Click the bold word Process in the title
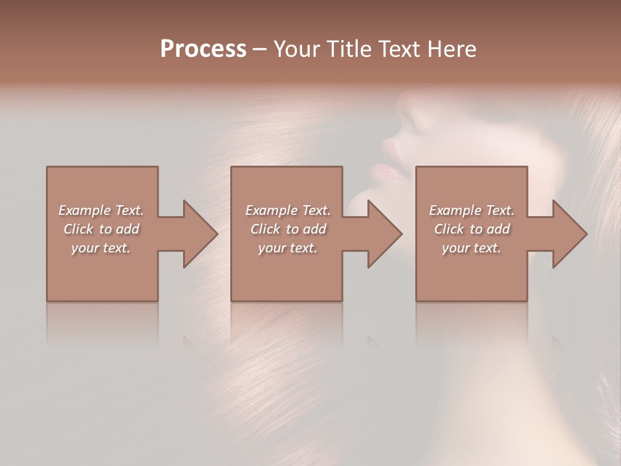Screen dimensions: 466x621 [x=203, y=49]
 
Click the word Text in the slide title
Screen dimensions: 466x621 [x=399, y=49]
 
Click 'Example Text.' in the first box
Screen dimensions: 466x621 [x=101, y=210]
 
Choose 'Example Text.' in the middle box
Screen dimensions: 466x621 [x=288, y=210]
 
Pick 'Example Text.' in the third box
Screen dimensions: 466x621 [x=472, y=210]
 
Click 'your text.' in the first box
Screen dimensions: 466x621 [x=101, y=248]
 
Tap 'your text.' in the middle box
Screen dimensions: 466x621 [x=288, y=248]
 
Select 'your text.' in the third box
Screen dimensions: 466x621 [x=472, y=248]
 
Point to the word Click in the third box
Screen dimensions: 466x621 [x=450, y=229]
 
